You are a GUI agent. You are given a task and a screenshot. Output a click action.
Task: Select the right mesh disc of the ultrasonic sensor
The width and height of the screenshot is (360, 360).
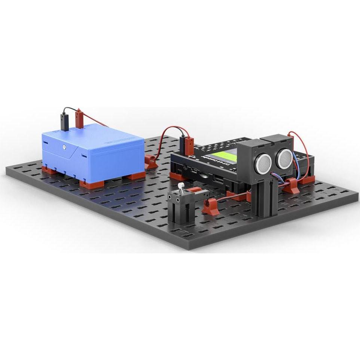[283, 157]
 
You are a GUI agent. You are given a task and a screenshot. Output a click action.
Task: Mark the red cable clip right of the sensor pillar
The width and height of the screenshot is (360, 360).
[292, 186]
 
